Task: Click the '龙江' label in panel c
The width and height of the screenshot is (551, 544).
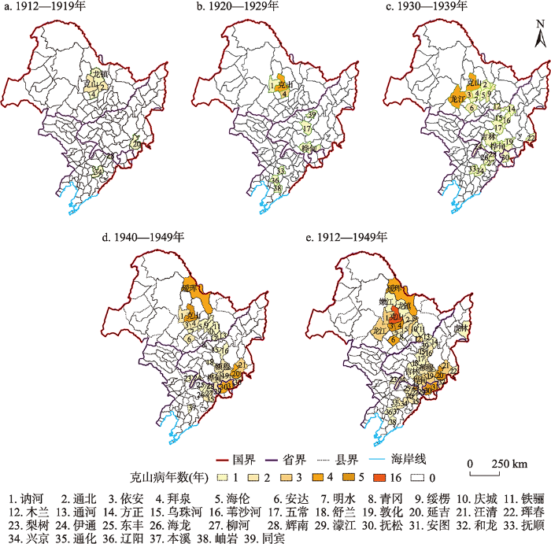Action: coord(457,100)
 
